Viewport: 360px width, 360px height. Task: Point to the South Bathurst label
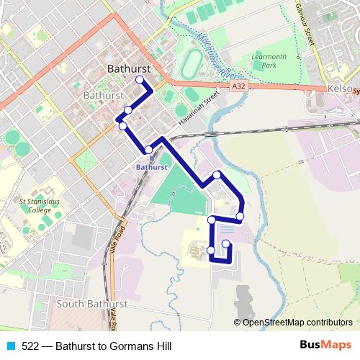pos(91,305)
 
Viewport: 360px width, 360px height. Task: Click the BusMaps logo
pos(326,345)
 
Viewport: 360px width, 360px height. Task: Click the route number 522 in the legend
pos(30,346)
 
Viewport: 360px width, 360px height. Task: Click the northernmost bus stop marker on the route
pos(139,80)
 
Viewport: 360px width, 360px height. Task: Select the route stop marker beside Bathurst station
pos(148,150)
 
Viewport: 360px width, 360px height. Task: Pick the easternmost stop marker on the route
pos(240,216)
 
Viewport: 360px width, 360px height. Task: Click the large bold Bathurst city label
pos(127,69)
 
